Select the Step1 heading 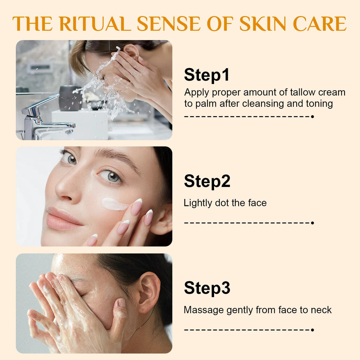207,75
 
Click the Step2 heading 207,182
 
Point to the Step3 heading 207,288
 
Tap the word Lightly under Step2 198,203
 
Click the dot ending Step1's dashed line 312,117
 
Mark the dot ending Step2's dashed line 312,223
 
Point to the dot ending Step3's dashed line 312,330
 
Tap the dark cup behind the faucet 70,98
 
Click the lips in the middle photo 62,218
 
